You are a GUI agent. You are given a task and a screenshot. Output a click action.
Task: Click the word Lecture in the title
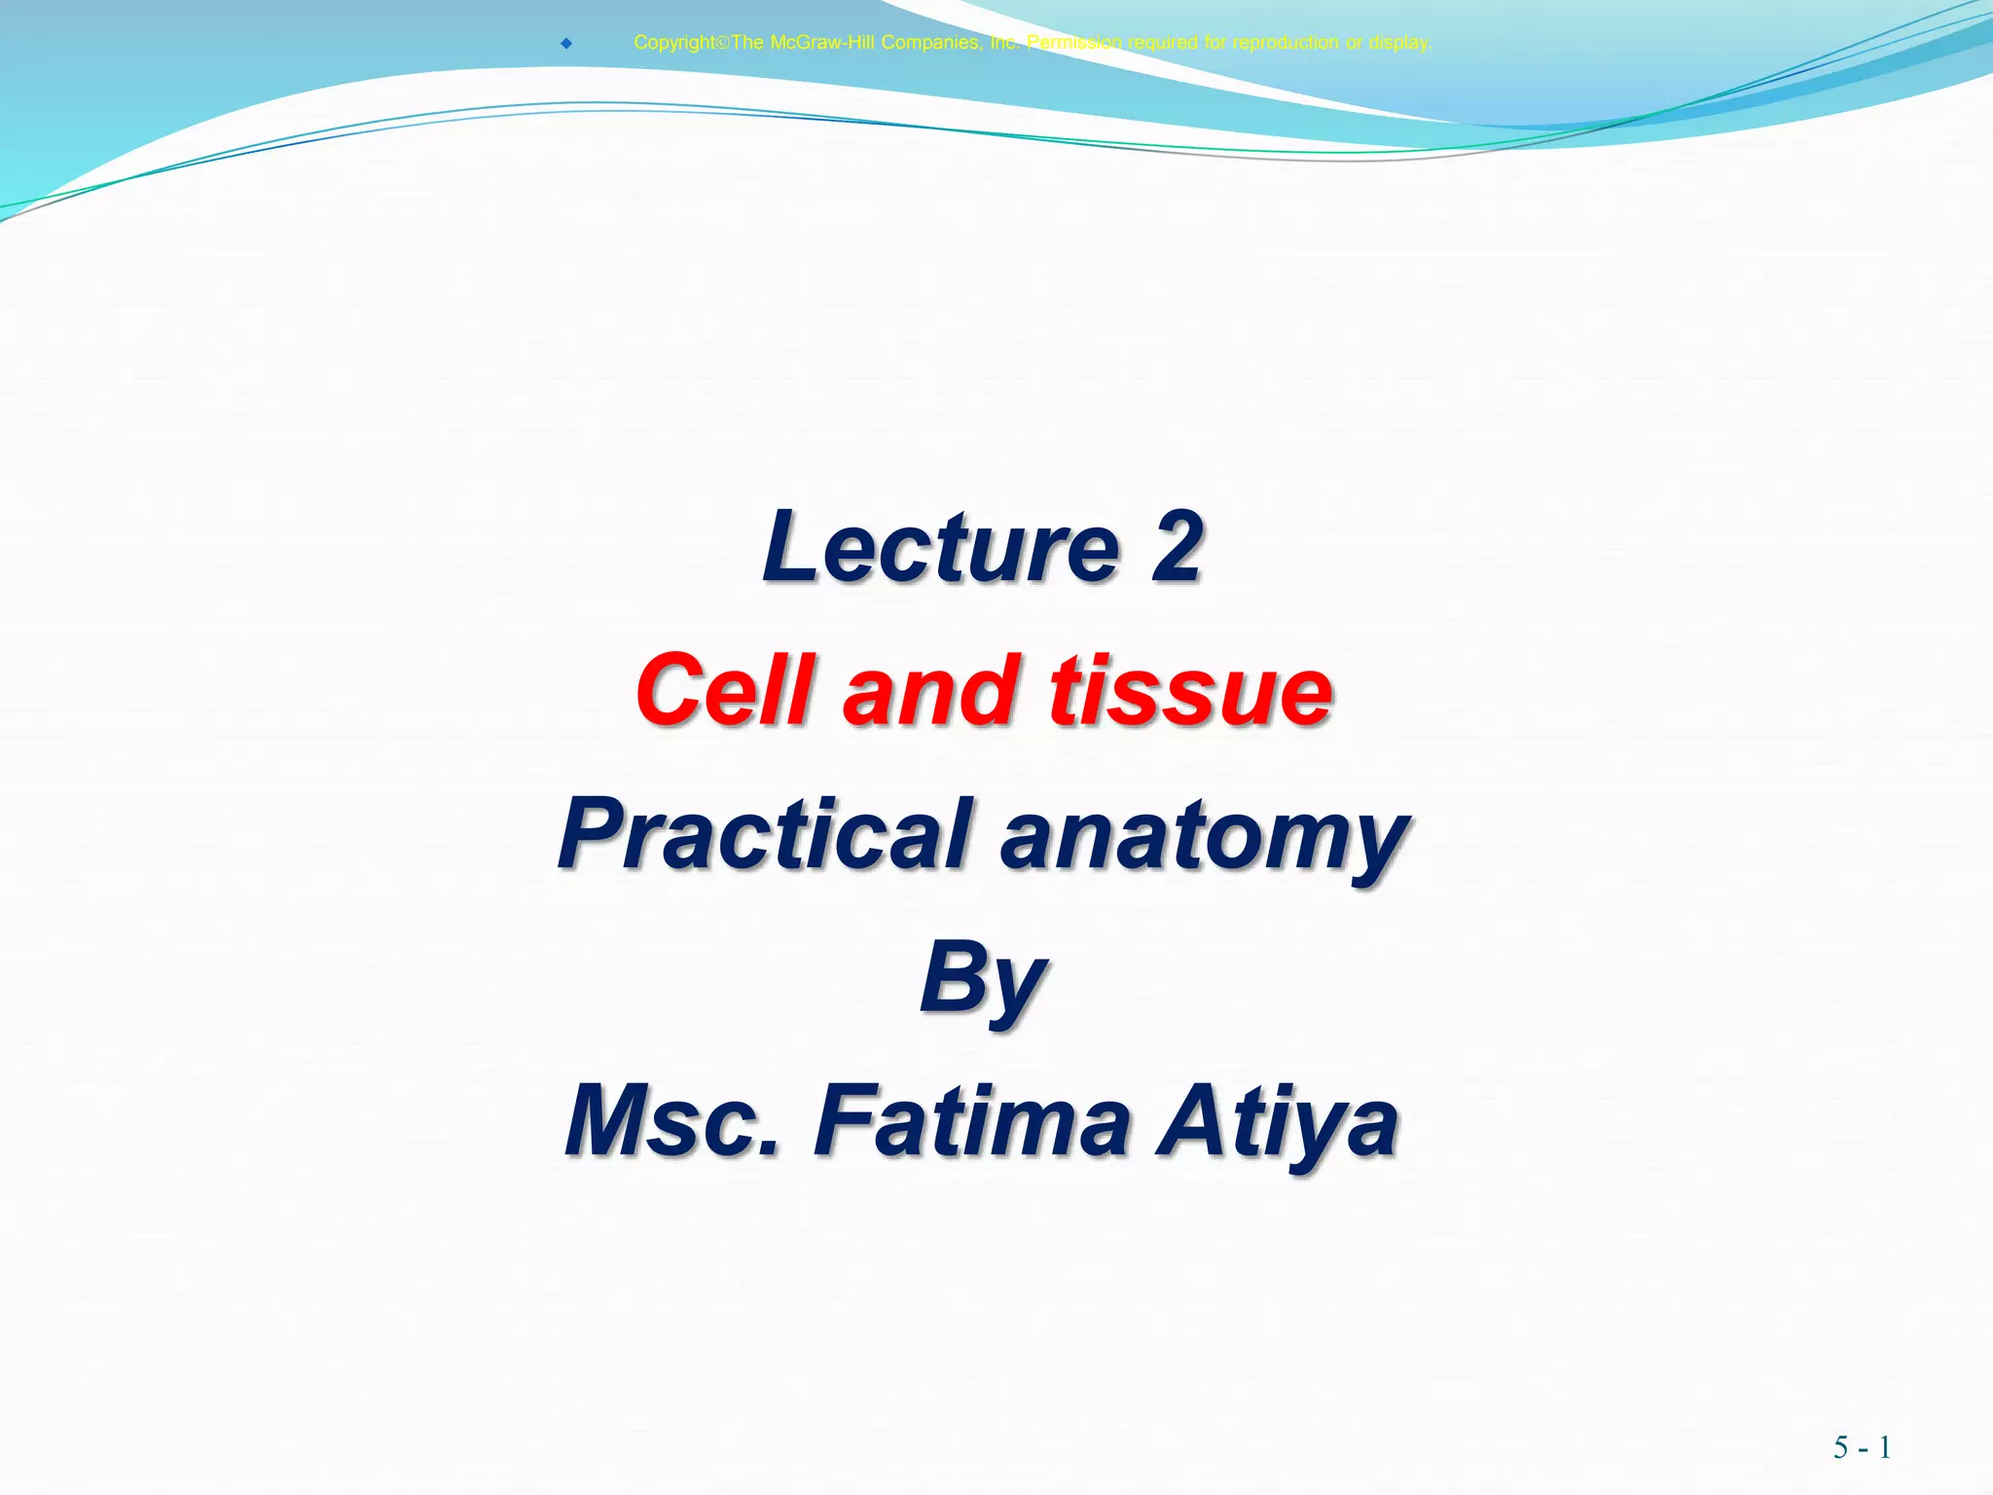942,548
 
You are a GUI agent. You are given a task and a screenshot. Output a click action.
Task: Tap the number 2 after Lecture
1177,548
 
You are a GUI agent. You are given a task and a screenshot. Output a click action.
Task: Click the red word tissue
1190,691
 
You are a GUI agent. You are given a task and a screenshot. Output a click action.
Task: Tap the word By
983,979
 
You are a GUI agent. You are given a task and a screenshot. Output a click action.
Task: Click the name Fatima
972,1121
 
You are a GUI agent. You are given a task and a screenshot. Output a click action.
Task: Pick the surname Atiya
1278,1121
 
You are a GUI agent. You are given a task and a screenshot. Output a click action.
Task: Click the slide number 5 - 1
1862,1447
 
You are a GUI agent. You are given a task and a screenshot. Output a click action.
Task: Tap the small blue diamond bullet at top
565,43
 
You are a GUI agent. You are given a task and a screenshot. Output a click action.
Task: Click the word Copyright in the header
673,43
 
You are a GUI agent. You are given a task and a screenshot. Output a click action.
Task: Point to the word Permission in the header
1074,43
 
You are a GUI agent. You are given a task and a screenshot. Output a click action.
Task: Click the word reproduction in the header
1285,43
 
